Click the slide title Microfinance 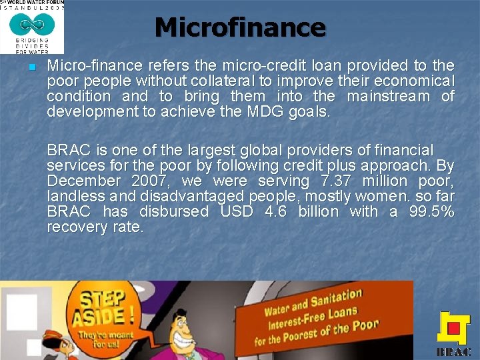pos(240,27)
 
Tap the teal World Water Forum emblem pos(33,26)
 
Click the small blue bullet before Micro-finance pos(31,68)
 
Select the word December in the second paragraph pos(83,181)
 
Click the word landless pos(73,196)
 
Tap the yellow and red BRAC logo pos(453,331)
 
